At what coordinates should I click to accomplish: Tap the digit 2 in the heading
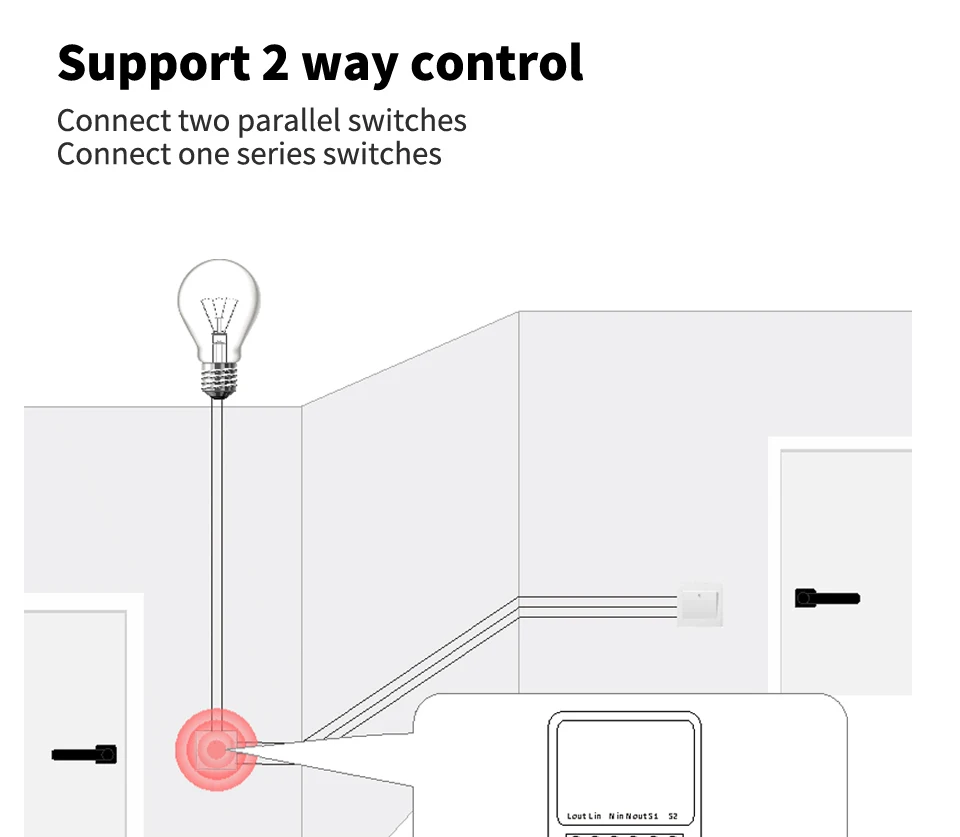click(277, 63)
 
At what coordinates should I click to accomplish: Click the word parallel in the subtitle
click(291, 121)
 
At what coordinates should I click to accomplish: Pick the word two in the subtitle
click(204, 121)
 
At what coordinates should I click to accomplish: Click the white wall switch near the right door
click(699, 603)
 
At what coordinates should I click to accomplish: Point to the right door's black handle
click(826, 599)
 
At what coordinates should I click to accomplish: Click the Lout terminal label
click(577, 816)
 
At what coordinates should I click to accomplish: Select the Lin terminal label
click(596, 816)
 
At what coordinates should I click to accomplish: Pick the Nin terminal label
click(617, 816)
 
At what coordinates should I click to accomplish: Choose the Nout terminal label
click(637, 816)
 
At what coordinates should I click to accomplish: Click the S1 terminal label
click(654, 816)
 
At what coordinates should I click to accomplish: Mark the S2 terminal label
click(673, 816)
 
